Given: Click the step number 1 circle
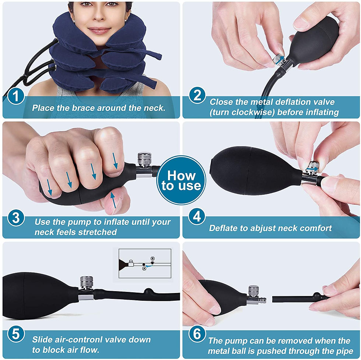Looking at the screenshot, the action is (16, 96).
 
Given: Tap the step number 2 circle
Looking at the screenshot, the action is (197, 95).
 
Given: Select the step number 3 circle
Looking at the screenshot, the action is (16, 218).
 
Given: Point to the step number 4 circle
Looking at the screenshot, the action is (197, 216).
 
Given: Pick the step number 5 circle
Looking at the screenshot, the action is (16, 334).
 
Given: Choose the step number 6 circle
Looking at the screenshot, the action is (197, 334).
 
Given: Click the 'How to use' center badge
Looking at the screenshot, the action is (181, 180).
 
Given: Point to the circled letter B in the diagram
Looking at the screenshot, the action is (153, 258).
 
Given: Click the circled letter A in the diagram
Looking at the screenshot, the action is (144, 268).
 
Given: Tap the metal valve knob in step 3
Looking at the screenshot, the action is (144, 159).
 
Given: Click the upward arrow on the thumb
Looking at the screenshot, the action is (113, 200).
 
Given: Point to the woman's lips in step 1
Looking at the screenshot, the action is (99, 30).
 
